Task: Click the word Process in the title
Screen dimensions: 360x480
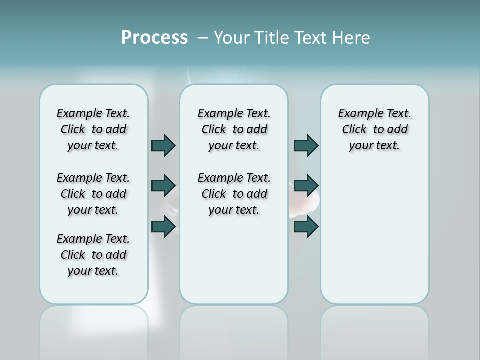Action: pos(154,38)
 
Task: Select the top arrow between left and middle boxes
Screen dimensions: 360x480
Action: pos(163,145)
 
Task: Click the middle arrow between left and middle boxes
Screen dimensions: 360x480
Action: pos(163,186)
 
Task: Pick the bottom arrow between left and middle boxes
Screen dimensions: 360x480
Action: pos(163,226)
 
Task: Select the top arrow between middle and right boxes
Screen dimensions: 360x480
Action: pos(306,145)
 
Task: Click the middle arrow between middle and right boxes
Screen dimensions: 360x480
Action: pos(306,186)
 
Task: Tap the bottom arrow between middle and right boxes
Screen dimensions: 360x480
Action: pos(306,226)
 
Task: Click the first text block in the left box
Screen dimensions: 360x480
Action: pos(93,129)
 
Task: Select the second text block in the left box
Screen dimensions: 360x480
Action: pos(93,194)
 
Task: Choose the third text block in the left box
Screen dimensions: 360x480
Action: pos(93,255)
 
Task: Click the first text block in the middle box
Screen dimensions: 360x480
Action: pos(234,129)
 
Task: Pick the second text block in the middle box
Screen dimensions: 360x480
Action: pos(234,194)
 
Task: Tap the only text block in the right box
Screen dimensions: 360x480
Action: pos(374,129)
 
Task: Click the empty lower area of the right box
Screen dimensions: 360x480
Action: pos(374,240)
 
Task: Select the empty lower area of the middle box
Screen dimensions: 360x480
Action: pos(234,260)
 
